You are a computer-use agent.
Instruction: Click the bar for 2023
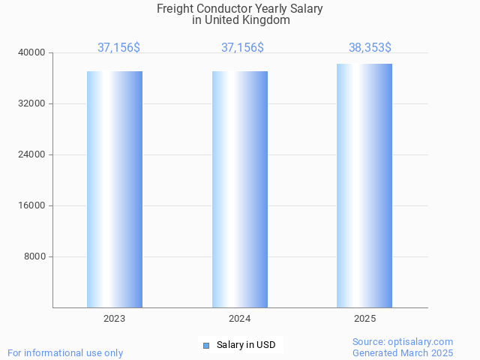115,189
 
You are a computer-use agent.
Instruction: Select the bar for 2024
240,189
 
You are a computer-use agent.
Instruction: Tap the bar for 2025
364,185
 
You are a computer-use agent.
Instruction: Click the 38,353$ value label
370,48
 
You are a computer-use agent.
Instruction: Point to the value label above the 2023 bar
118,48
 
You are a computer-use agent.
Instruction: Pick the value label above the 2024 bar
242,48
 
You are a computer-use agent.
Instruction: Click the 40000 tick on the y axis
32,52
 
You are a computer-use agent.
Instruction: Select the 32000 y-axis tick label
32,103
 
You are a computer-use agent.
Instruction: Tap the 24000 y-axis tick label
32,154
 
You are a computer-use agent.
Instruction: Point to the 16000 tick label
32,205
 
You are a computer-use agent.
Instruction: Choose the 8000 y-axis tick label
34,256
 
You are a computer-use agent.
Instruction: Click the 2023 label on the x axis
115,319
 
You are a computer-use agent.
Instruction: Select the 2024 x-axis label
240,319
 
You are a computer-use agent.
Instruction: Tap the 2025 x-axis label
364,319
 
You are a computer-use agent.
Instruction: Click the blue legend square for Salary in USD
206,345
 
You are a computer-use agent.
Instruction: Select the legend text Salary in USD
246,345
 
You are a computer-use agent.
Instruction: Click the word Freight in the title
175,9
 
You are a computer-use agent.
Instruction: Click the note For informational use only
65,352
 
